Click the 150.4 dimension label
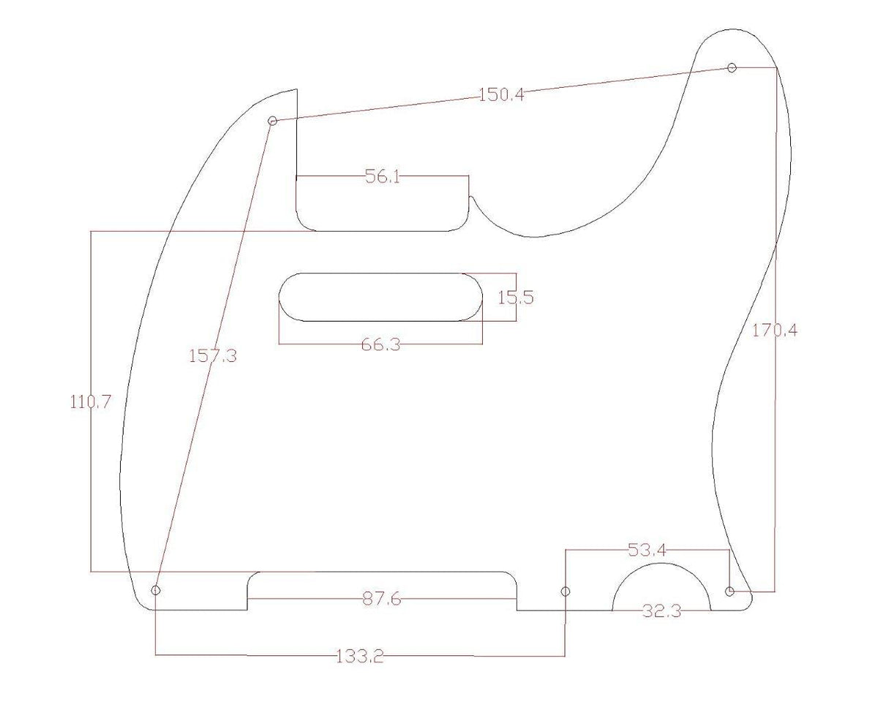tap(501, 95)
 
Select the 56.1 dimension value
tap(382, 177)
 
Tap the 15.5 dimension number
tap(516, 298)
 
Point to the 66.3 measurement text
tap(380, 344)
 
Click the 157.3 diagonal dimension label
tap(213, 356)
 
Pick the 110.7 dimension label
tap(90, 402)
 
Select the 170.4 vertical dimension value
tap(774, 331)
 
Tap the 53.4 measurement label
tap(647, 550)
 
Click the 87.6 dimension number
tap(381, 599)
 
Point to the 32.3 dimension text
tap(661, 611)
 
